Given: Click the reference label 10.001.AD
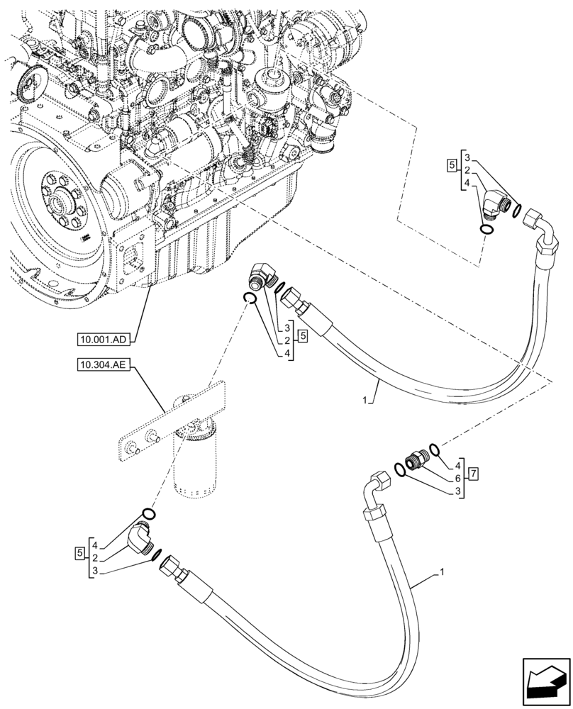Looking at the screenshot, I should pos(104,340).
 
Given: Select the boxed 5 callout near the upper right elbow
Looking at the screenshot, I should pos(452,166).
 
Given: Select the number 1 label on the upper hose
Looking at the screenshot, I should pos(365,401).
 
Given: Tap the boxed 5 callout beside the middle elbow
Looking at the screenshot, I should pos(303,335).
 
